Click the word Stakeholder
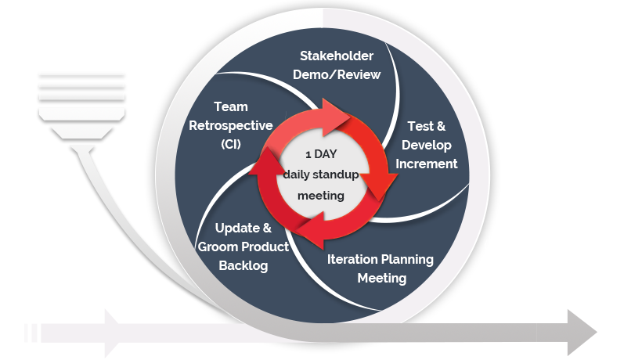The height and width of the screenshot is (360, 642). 337,56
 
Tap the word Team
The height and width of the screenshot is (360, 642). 230,107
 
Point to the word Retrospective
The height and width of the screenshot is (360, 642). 230,125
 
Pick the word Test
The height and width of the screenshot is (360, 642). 420,126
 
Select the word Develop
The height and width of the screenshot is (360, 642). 427,145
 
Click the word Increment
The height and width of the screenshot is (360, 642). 427,164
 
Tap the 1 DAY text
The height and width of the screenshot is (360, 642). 321,154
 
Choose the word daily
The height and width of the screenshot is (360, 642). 298,175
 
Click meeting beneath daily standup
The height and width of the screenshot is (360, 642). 321,195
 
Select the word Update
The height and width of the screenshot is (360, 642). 234,229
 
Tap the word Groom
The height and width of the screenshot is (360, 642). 218,247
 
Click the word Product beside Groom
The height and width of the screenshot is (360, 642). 265,247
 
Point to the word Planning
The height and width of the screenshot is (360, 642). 406,259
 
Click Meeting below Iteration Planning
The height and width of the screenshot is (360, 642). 382,278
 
